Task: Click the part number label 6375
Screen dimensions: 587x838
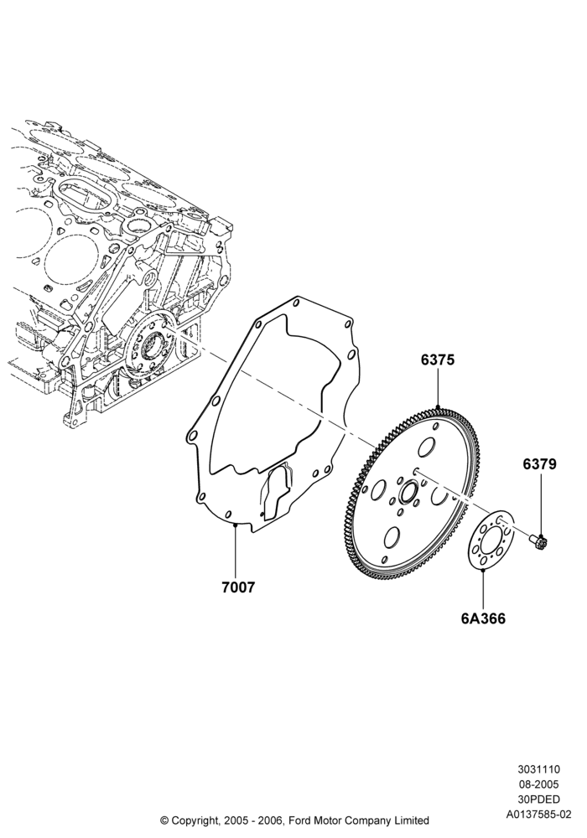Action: click(x=437, y=360)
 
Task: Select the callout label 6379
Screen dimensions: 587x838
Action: click(x=539, y=464)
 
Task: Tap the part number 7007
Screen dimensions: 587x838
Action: click(x=238, y=587)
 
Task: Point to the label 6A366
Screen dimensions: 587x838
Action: click(x=483, y=618)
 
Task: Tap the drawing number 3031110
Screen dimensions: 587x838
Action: click(x=538, y=769)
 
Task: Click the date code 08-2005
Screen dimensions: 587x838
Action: click(x=538, y=784)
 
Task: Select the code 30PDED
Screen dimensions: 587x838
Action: click(x=538, y=799)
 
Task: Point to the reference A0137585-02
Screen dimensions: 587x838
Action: click(x=538, y=815)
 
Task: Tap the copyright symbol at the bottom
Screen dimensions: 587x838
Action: click(x=164, y=820)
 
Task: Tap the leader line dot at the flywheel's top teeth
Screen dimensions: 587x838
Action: click(x=438, y=408)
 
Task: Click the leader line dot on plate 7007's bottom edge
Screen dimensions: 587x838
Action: click(x=236, y=525)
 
